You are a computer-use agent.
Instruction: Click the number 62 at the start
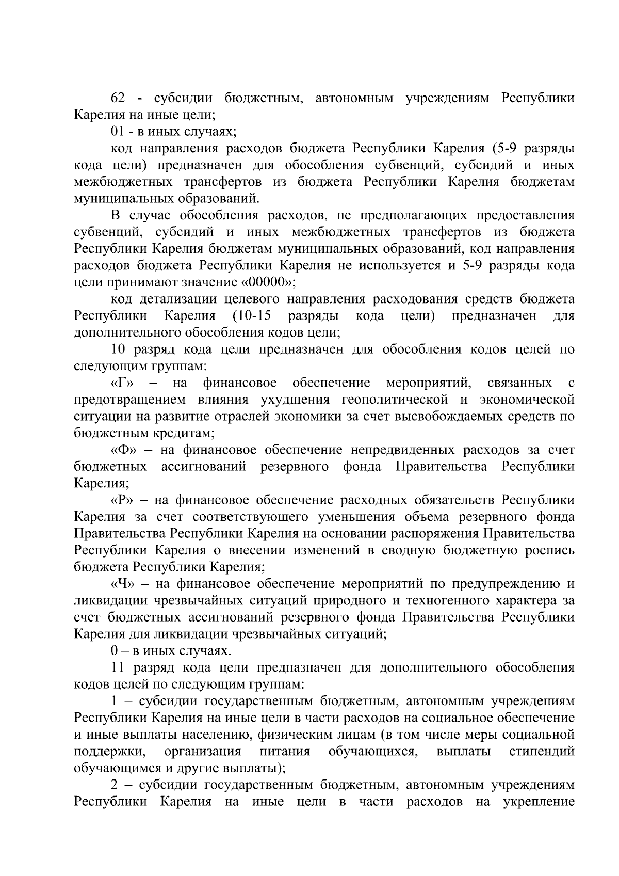pyautogui.click(x=120, y=98)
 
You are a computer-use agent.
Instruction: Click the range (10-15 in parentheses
pyautogui.click(x=253, y=316)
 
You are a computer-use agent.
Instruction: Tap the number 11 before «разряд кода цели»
pyautogui.click(x=118, y=668)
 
